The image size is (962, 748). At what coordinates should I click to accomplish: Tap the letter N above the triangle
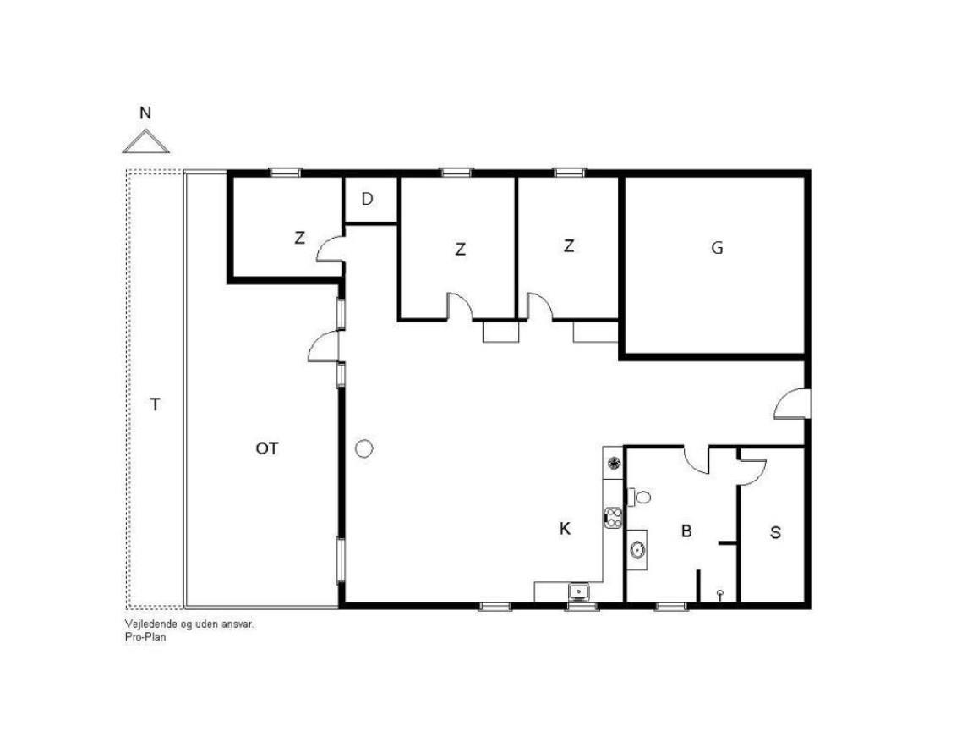coord(145,113)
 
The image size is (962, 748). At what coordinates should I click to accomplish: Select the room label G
coord(717,248)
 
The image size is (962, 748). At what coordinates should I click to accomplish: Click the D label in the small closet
coord(368,199)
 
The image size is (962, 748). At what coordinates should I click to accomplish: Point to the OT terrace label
coord(267,449)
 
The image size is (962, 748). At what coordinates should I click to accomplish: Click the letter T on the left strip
coord(156,404)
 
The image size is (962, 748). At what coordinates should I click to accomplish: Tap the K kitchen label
coord(565,528)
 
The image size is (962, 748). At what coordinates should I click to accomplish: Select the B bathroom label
coord(686,531)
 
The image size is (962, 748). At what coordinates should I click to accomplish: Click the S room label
coord(775,532)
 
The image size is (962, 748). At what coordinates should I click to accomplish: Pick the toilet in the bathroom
coord(639,497)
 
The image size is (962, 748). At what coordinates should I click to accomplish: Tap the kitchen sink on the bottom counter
coord(578,592)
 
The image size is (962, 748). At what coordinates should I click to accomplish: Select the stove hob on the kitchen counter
coord(613,517)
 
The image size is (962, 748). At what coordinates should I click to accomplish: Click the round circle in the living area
coord(364,449)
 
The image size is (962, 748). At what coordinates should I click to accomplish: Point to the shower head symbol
coord(720,594)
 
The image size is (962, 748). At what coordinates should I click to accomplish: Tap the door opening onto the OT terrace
coord(323,346)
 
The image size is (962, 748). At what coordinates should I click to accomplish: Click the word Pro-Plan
coord(145,637)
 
